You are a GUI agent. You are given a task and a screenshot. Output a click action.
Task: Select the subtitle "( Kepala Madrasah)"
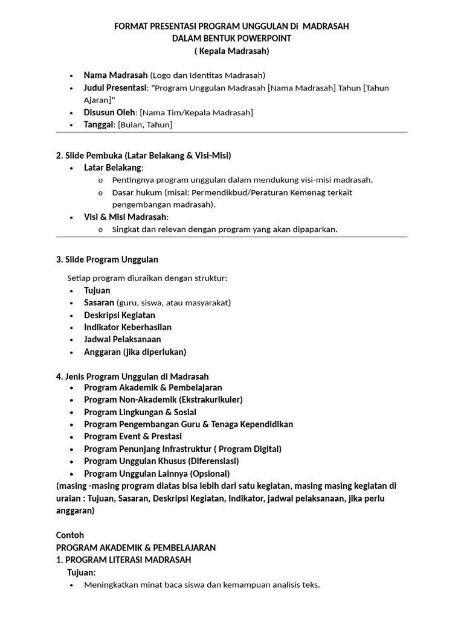232,51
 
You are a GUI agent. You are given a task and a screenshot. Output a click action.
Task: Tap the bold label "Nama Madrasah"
115,75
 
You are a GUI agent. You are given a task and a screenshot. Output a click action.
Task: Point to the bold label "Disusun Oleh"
110,112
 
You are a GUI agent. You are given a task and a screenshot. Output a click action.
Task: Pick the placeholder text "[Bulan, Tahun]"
145,125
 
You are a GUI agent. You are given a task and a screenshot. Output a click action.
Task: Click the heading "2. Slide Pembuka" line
143,156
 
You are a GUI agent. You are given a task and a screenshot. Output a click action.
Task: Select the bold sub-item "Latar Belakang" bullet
113,167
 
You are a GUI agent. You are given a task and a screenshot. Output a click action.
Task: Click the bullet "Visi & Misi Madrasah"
126,217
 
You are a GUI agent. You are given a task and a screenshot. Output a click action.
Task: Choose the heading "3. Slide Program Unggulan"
107,260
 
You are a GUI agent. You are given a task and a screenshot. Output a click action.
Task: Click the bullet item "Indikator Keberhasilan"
127,327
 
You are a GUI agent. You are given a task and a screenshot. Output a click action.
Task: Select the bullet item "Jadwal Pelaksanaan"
122,339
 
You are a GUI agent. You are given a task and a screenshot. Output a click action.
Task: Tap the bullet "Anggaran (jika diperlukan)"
135,352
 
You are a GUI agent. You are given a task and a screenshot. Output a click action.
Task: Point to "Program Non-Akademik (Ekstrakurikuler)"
163,400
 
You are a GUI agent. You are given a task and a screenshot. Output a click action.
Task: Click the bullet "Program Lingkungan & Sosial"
140,412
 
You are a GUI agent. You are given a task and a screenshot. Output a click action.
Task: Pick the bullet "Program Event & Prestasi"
132,436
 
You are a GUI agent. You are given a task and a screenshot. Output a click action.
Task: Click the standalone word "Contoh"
70,535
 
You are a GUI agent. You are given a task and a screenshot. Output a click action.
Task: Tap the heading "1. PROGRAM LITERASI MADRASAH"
123,559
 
